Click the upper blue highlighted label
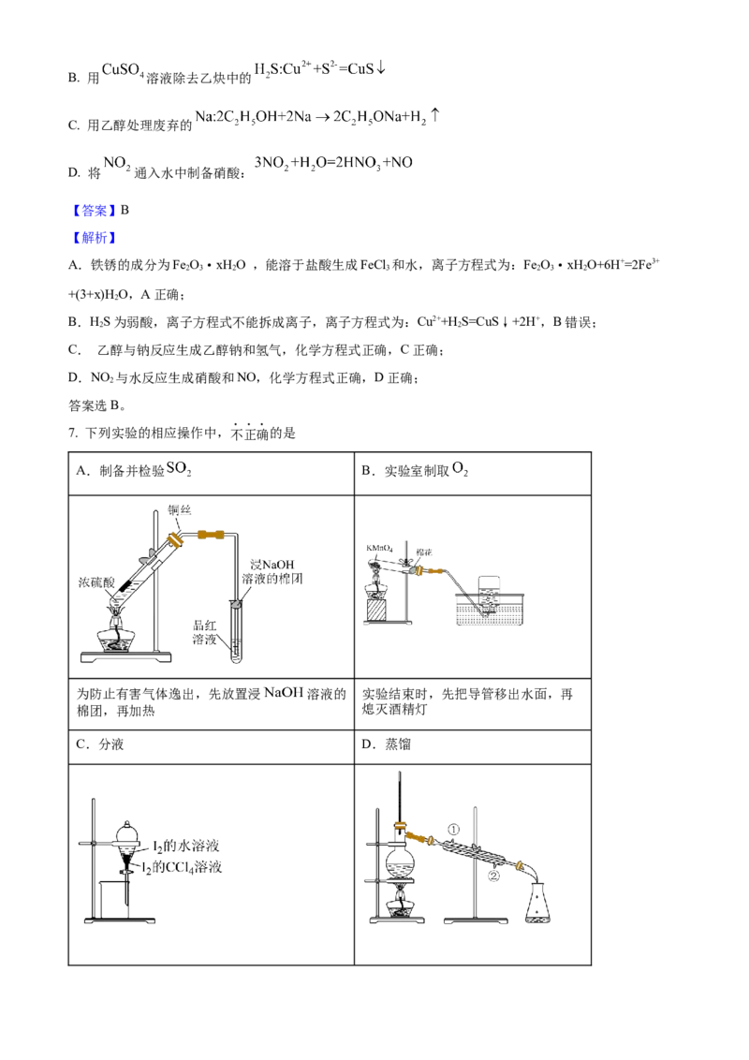94,210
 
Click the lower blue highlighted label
94,237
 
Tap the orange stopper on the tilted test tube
175,542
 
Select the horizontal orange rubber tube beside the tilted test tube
209,535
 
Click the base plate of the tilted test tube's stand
126,660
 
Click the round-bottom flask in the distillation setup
401,862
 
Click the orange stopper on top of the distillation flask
401,826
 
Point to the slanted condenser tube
473,853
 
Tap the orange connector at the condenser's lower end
518,868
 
